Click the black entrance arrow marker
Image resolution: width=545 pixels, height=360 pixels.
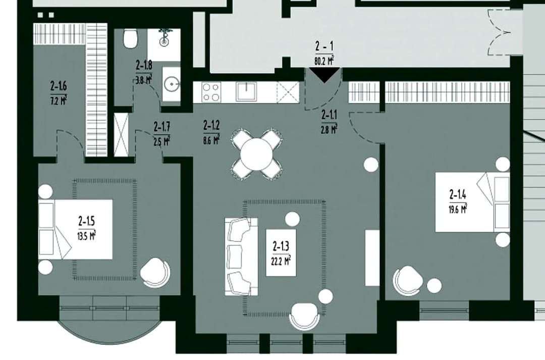tap(324, 74)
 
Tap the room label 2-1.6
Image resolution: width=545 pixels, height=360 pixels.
tap(59, 85)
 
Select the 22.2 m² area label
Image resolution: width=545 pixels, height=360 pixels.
tap(281, 260)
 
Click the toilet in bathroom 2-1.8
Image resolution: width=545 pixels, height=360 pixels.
tap(131, 38)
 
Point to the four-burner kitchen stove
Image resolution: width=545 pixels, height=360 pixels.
tap(211, 92)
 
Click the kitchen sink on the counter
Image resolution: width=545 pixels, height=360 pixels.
tap(246, 92)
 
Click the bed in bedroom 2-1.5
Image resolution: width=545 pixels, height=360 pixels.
tap(75, 229)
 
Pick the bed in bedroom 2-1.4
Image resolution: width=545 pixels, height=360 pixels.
tap(473, 202)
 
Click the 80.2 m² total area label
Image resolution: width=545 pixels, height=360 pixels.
tap(324, 61)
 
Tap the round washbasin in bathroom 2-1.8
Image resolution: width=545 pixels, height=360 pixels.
tap(172, 84)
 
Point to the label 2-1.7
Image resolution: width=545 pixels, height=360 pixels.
tap(162, 127)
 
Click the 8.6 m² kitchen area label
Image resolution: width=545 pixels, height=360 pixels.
tap(211, 140)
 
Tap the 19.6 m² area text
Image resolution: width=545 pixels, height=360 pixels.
tap(458, 210)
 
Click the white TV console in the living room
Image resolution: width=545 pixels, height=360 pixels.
tap(372, 258)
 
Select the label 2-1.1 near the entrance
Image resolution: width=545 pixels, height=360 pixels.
tap(329, 115)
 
